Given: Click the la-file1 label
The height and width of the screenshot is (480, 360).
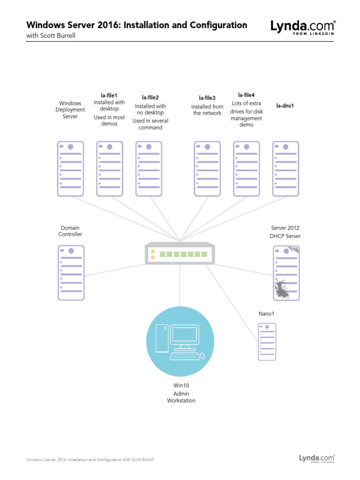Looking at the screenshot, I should pyautogui.click(x=109, y=95).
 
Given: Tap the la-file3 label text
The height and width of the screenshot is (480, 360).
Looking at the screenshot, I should pyautogui.click(x=207, y=98).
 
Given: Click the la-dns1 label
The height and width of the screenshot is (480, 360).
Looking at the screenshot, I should pyautogui.click(x=285, y=105).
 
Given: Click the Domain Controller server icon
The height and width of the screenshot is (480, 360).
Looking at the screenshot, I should pyautogui.click(x=71, y=273).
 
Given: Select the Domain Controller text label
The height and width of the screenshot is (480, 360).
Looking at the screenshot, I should pyautogui.click(x=70, y=231).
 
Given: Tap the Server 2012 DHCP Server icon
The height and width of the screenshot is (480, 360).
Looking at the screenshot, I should pyautogui.click(x=286, y=273).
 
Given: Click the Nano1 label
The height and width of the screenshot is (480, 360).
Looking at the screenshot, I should pyautogui.click(x=266, y=313).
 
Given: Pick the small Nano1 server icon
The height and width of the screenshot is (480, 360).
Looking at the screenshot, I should pyautogui.click(x=267, y=341).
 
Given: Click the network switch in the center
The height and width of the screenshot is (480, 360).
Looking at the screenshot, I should pyautogui.click(x=180, y=254).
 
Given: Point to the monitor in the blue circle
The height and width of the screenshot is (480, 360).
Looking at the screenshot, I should pyautogui.click(x=185, y=335).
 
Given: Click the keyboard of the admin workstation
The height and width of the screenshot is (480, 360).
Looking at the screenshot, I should pyautogui.click(x=185, y=356).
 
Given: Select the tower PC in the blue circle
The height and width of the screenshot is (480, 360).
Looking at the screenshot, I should pyautogui.click(x=161, y=338).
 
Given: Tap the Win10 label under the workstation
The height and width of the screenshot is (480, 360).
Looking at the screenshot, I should pyautogui.click(x=181, y=385).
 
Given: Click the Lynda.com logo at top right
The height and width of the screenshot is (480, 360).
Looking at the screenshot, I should pyautogui.click(x=303, y=28).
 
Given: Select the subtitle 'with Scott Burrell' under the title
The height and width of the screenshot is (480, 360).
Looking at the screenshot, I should pyautogui.click(x=51, y=36).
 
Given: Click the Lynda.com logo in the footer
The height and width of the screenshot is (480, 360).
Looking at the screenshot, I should pyautogui.click(x=317, y=458).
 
